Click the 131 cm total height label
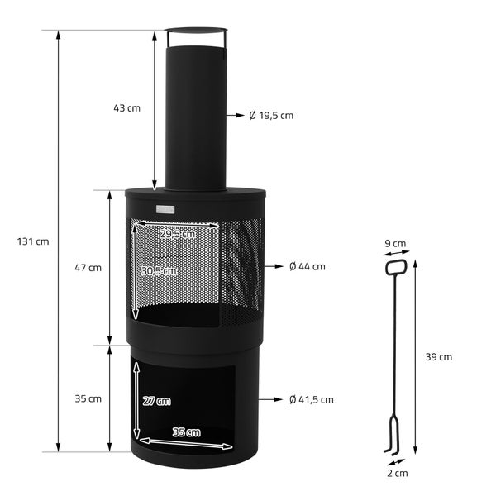pos(33,241)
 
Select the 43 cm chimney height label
pos(127,108)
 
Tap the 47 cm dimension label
pos(88,267)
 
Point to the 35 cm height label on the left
pos(88,398)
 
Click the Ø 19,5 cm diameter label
pos(271,115)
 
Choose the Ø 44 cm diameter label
pos(307,266)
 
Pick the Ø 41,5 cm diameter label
pos(312,399)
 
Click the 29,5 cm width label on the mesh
pos(178,234)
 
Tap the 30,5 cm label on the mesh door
pos(159,271)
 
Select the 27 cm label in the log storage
pos(157,401)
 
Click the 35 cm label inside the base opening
pos(187,432)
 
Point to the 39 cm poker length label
pos(438,357)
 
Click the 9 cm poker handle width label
pos(396,244)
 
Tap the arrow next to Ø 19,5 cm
pos(235,115)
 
